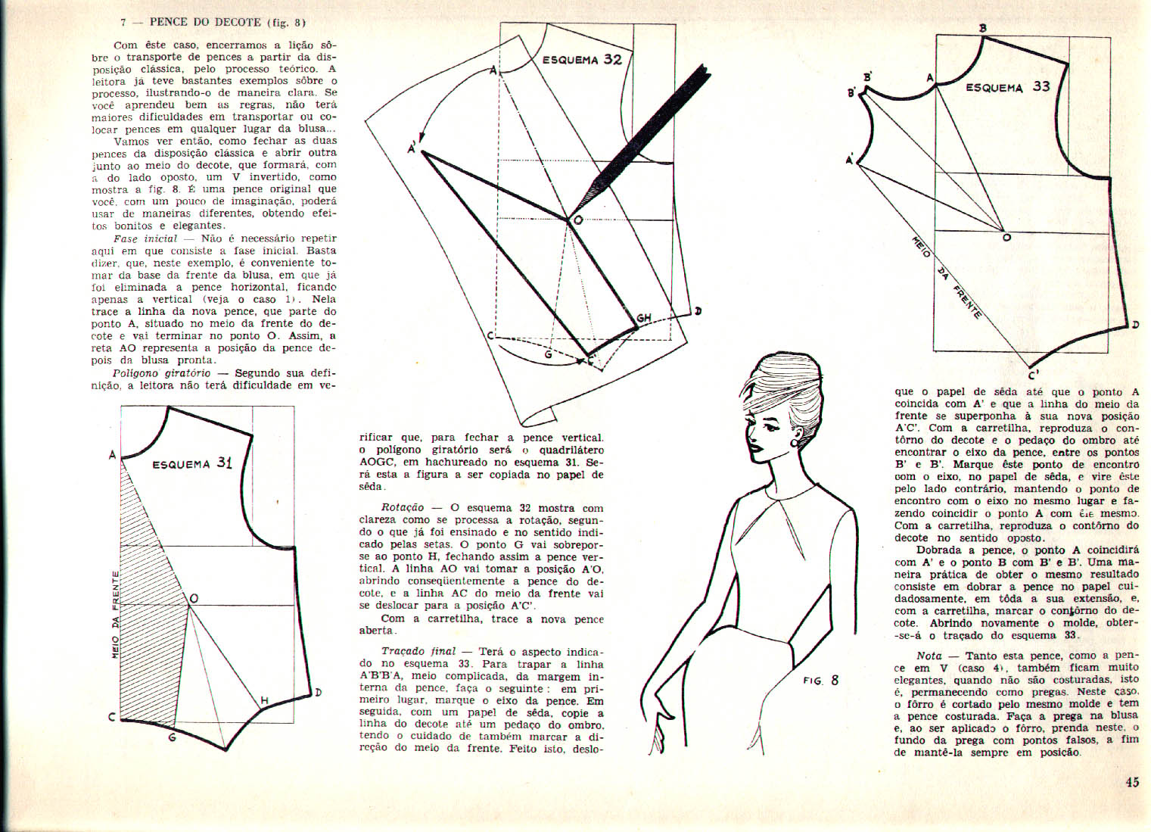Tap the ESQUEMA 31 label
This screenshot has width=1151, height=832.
192,463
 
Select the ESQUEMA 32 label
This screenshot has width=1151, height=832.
582,59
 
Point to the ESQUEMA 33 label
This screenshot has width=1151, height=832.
1007,87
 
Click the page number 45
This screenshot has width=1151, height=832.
1132,783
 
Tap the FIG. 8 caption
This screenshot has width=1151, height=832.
820,680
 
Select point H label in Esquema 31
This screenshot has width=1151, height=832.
264,701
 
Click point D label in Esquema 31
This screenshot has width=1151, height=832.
318,692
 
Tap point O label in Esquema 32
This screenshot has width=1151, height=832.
578,220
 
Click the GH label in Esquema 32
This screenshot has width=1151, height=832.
644,318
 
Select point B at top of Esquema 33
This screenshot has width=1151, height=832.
983,29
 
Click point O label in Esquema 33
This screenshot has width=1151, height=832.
1006,238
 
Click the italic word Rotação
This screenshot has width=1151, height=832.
403,508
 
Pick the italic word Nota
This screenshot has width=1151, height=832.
929,656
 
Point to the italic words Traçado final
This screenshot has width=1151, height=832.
418,651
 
